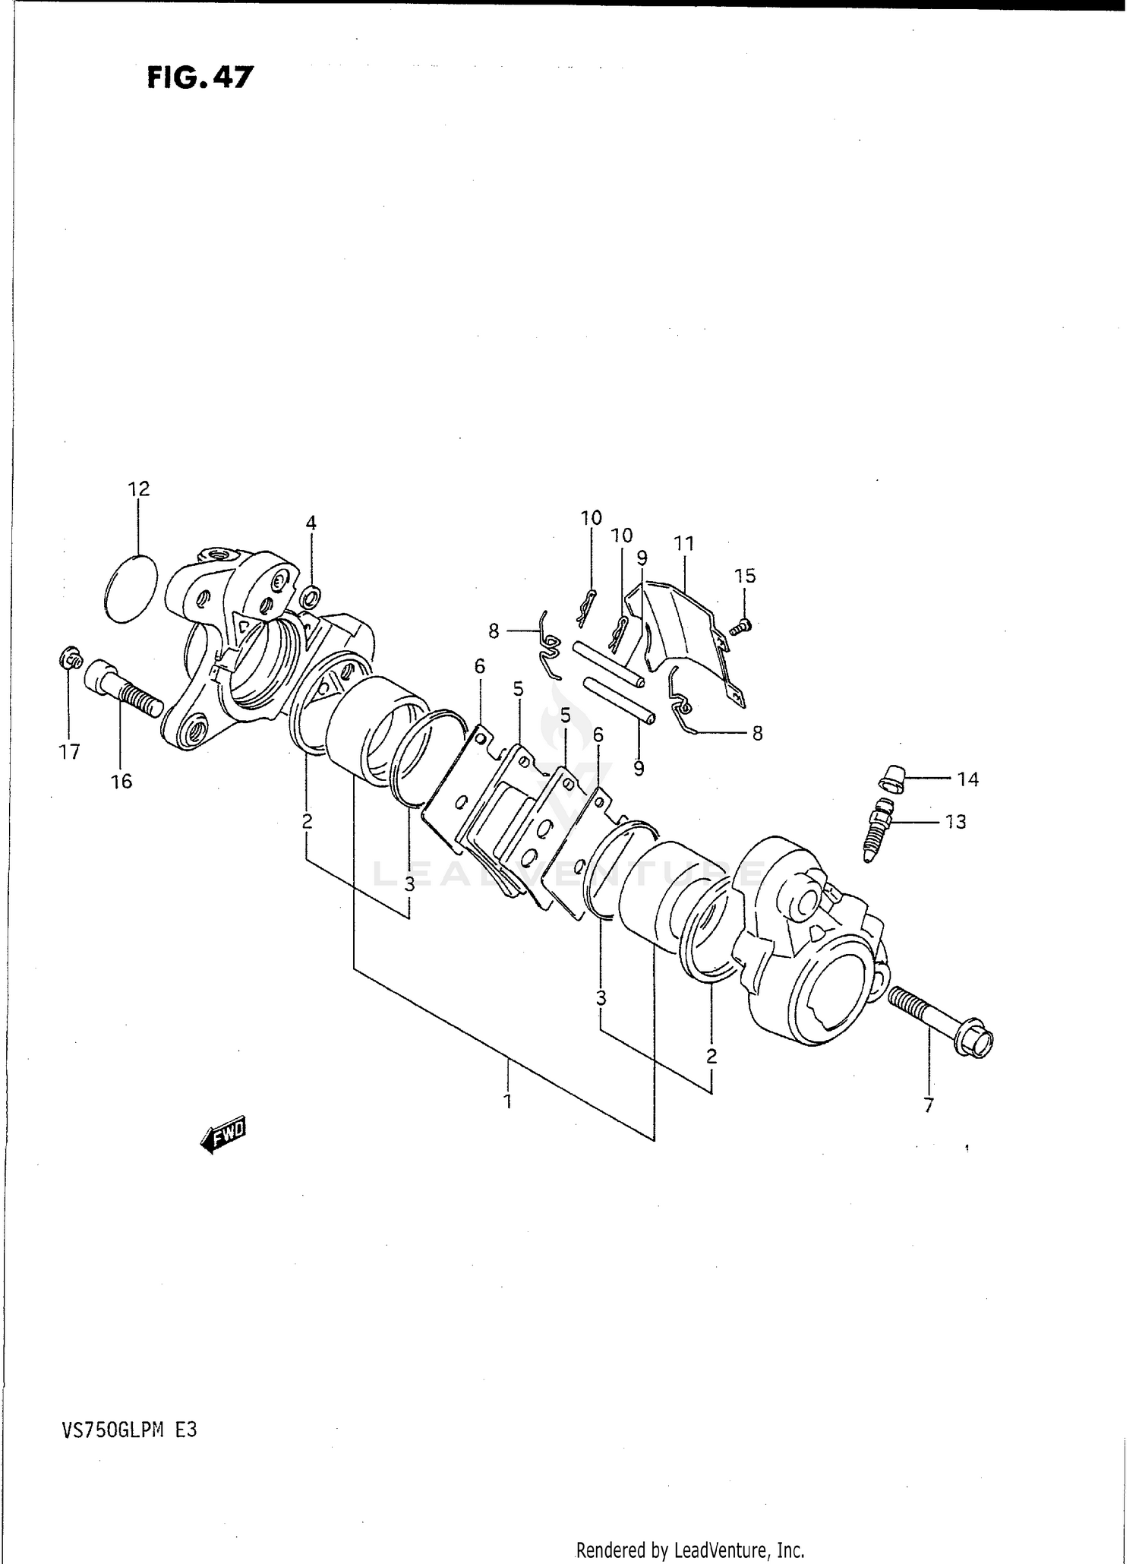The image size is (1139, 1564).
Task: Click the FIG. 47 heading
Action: [199, 77]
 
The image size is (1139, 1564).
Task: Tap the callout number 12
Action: [139, 489]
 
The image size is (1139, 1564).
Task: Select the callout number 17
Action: [69, 752]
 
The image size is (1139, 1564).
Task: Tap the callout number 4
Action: [311, 523]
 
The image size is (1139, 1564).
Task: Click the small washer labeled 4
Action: [311, 597]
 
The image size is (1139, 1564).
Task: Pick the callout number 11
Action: [683, 544]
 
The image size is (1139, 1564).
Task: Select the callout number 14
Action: [967, 779]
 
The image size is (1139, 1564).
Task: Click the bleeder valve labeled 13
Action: [880, 829]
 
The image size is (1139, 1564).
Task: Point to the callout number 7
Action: [928, 1106]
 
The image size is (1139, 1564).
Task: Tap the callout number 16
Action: [121, 781]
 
